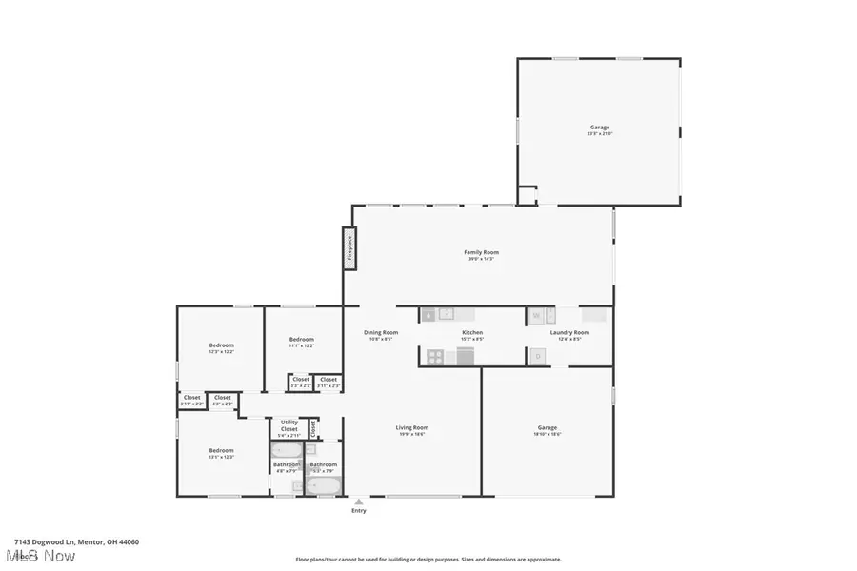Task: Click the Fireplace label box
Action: [349, 245]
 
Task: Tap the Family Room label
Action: [481, 255]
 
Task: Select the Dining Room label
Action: [378, 334]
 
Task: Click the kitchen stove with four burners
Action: [434, 357]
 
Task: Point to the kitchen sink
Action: [429, 314]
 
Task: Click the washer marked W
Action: [537, 315]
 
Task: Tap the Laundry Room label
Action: [569, 334]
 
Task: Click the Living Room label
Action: [412, 430]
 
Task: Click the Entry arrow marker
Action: [358, 502]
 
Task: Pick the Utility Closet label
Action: [289, 427]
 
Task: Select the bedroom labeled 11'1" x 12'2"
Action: [302, 342]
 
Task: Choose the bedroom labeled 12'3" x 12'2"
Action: [221, 347]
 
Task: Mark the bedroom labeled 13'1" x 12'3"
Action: [221, 453]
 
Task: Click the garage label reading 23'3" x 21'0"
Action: [599, 130]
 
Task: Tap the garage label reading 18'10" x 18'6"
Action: [548, 430]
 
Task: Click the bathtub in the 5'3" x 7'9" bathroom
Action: [323, 485]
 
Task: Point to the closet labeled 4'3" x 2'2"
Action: [222, 400]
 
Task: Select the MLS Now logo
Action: [40, 555]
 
